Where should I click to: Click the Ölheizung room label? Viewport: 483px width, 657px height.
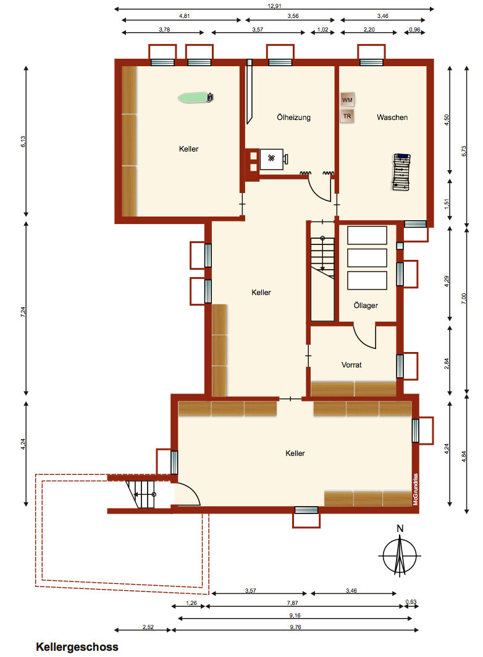click(x=293, y=118)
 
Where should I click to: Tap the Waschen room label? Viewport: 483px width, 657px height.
click(x=392, y=118)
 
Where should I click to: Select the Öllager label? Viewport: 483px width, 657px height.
click(x=366, y=305)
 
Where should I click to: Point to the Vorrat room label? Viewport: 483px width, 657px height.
click(x=351, y=364)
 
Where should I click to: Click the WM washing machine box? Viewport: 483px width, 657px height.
click(x=347, y=100)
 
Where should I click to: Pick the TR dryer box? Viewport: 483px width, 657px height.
click(x=347, y=116)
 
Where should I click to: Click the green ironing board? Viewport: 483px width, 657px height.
click(x=196, y=98)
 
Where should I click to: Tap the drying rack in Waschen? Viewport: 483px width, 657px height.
click(x=401, y=172)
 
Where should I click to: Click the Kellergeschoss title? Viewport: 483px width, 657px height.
click(x=77, y=646)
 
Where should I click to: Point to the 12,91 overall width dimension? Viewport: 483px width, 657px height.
click(x=274, y=6)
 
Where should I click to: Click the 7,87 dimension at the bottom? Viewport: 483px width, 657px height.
click(x=292, y=603)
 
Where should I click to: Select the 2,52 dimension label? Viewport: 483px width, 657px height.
click(x=148, y=627)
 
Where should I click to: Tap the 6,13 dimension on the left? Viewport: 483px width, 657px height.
click(x=23, y=141)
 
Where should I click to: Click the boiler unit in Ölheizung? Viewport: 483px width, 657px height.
click(x=271, y=159)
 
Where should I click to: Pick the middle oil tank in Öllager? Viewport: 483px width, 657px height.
click(x=367, y=258)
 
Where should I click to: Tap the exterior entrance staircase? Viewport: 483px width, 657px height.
click(x=141, y=494)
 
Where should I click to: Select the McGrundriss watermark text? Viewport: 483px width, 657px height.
click(x=415, y=489)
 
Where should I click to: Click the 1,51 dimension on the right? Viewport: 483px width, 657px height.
click(x=447, y=204)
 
